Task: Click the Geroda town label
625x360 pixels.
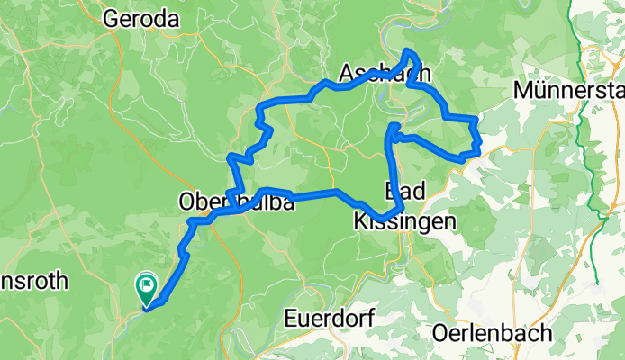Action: coord(140,17)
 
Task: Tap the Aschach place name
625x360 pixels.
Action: coord(384,73)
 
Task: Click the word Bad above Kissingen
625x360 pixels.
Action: coord(403,190)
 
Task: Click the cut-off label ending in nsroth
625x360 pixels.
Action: coord(34,281)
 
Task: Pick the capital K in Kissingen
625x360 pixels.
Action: coord(359,220)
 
